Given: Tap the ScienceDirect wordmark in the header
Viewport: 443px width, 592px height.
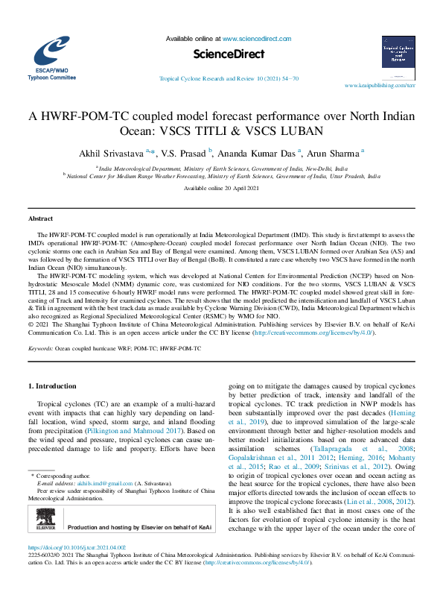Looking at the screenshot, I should pos(222,54).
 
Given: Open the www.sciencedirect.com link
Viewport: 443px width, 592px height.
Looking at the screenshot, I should pos(255,37).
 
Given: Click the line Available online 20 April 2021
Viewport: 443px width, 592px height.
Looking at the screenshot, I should pos(221,189).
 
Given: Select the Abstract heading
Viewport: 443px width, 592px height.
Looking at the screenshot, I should pos(40,218).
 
